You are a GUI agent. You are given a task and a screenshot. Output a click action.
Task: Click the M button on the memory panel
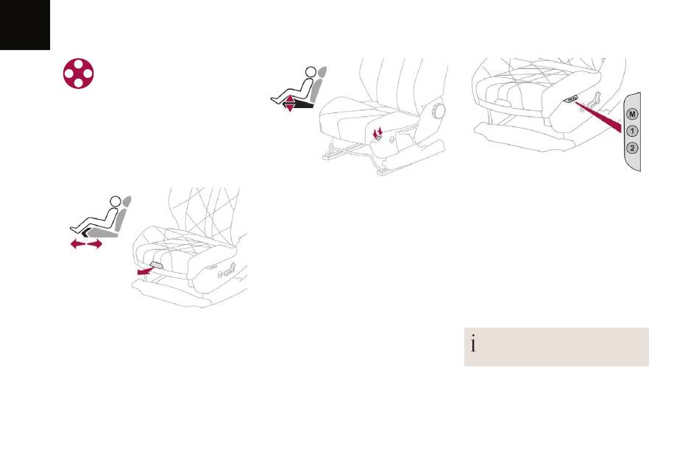632,114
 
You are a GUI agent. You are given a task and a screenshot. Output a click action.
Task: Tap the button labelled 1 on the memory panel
632,131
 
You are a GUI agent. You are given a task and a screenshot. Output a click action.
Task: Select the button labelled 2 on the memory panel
632,148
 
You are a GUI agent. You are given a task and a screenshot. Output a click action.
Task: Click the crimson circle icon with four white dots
79,74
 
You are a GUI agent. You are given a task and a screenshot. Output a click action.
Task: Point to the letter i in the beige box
473,344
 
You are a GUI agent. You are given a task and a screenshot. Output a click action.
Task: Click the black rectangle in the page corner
25,25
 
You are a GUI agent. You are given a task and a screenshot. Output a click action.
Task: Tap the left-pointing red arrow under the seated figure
78,243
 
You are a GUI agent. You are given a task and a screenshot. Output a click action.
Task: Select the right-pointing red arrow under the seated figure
94,243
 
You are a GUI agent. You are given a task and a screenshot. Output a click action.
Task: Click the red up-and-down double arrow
290,103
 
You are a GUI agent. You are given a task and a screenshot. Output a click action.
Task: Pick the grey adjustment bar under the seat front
157,265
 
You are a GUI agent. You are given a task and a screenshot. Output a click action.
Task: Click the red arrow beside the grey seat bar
144,271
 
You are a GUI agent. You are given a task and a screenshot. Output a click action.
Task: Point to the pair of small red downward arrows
378,132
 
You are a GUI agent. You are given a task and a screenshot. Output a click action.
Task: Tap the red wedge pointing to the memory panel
598,117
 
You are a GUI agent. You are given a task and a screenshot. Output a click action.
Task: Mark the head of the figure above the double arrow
311,72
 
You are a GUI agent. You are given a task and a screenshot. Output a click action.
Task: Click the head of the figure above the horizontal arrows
116,201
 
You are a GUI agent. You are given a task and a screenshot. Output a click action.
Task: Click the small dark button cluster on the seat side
572,99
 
